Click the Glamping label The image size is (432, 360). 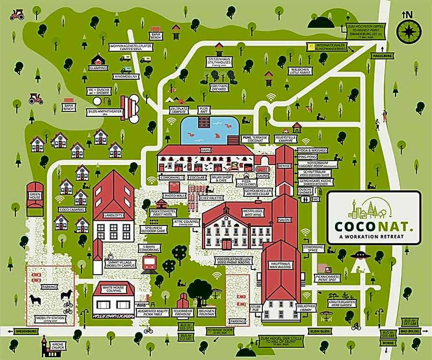[98, 68]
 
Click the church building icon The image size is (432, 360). [45, 345]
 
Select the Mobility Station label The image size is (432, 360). [50, 320]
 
